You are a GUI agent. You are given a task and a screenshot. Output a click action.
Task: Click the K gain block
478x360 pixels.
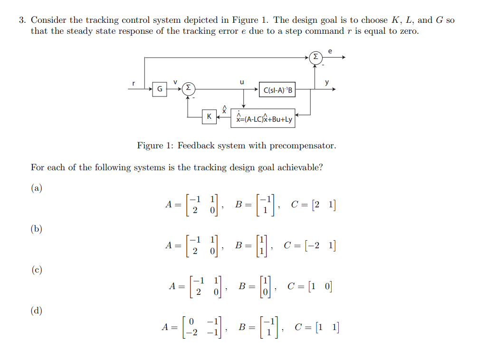(x=208, y=117)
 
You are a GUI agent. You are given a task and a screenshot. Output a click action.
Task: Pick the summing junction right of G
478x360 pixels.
(x=189, y=88)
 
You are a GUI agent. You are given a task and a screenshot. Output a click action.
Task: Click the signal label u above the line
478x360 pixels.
(x=242, y=82)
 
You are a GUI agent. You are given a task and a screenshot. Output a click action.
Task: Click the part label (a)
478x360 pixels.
(x=37, y=188)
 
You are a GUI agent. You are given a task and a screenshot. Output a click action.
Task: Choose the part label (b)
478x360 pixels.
(x=37, y=229)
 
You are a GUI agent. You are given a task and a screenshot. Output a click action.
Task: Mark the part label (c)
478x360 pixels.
(x=37, y=270)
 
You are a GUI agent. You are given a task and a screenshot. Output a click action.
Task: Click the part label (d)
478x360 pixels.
(x=37, y=311)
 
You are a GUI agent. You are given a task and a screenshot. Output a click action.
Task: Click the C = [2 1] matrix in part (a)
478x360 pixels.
(x=313, y=205)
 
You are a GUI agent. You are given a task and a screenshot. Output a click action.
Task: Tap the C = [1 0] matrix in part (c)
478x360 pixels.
(x=310, y=287)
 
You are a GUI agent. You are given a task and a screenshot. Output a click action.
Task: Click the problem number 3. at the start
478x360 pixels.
(x=22, y=20)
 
